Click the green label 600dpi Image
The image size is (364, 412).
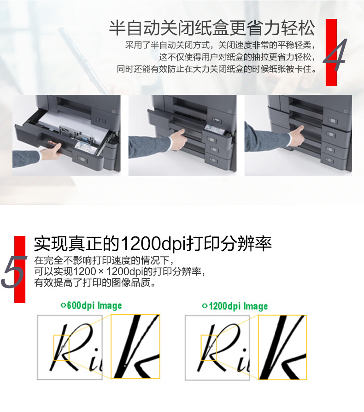91,306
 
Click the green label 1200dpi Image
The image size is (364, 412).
235,306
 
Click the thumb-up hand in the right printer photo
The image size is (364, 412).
296,135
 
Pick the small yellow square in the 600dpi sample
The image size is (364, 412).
61,347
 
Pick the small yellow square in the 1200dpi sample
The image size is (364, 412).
209,347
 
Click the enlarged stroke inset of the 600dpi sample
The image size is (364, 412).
135,346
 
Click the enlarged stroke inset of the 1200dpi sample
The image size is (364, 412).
282,347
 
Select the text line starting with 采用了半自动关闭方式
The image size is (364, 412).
220,45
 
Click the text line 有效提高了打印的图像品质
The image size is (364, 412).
95,283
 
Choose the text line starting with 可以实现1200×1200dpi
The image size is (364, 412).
119,271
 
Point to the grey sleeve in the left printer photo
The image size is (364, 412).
26,159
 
